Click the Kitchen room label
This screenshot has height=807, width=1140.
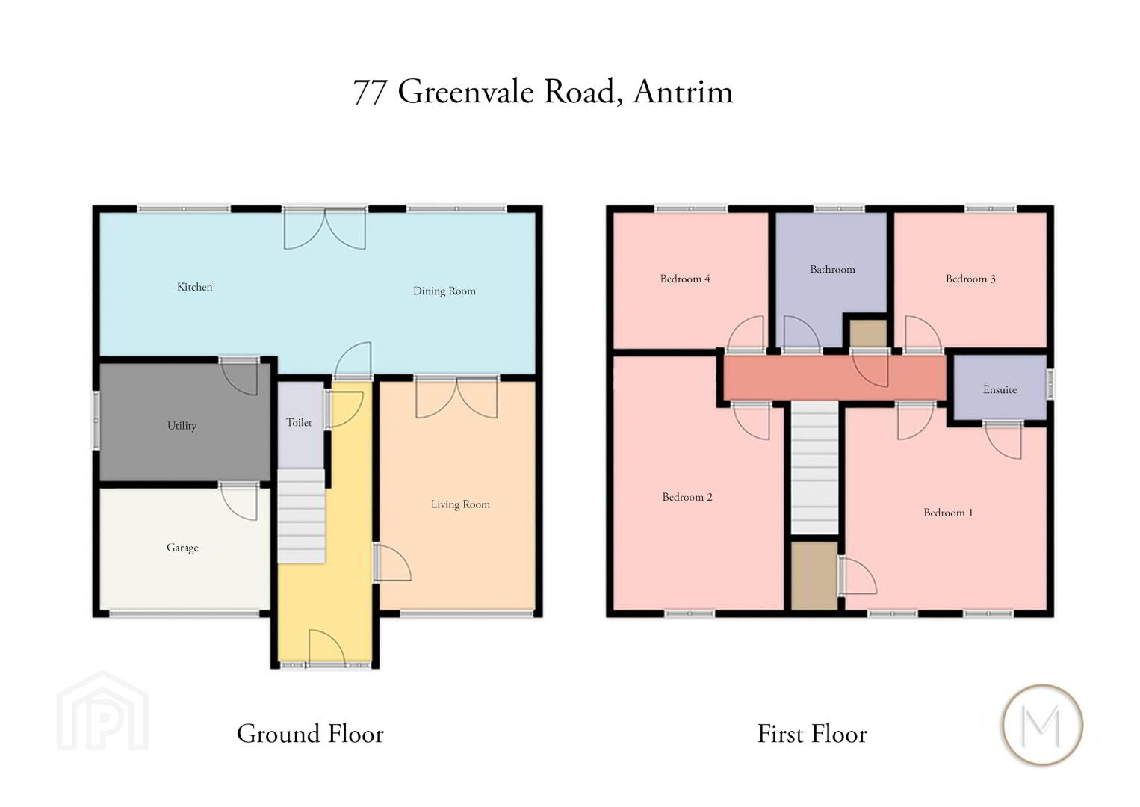(194, 287)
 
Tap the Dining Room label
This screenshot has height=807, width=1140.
(444, 291)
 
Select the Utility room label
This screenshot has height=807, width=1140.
(182, 426)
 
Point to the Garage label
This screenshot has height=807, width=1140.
(182, 548)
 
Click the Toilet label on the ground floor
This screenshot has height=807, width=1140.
(299, 423)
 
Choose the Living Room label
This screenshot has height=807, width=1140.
(460, 504)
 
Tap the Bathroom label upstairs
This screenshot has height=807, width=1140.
(833, 269)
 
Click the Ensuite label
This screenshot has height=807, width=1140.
(1000, 390)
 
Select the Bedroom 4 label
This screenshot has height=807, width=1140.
(685, 279)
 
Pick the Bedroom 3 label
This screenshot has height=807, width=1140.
(970, 279)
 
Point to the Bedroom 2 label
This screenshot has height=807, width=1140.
(687, 497)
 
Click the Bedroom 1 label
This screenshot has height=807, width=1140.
(948, 513)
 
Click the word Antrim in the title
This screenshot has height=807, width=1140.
(683, 92)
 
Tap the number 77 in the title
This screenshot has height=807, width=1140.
(370, 93)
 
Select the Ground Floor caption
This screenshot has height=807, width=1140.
(310, 735)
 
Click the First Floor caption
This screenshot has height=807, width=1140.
(812, 735)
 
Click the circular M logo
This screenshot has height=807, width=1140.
(1042, 725)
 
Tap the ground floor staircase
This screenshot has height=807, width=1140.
(301, 516)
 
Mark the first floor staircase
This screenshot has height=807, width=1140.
(815, 468)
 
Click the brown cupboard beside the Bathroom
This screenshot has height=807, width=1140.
(868, 334)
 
